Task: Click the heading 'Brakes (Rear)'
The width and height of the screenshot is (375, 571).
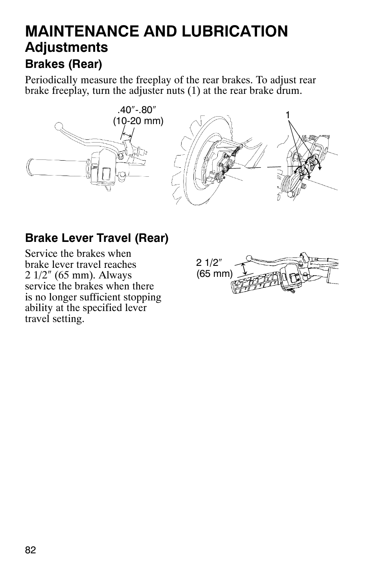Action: [64, 63]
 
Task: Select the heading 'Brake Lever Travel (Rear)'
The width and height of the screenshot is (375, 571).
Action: [97, 238]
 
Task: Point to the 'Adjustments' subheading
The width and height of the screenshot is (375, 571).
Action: [66, 48]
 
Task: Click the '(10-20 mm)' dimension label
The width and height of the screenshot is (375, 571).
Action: [138, 121]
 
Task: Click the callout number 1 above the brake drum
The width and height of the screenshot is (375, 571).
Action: [288, 115]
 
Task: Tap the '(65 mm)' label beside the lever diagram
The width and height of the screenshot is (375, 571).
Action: [215, 274]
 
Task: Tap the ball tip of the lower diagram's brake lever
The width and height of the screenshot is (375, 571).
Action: [248, 258]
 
